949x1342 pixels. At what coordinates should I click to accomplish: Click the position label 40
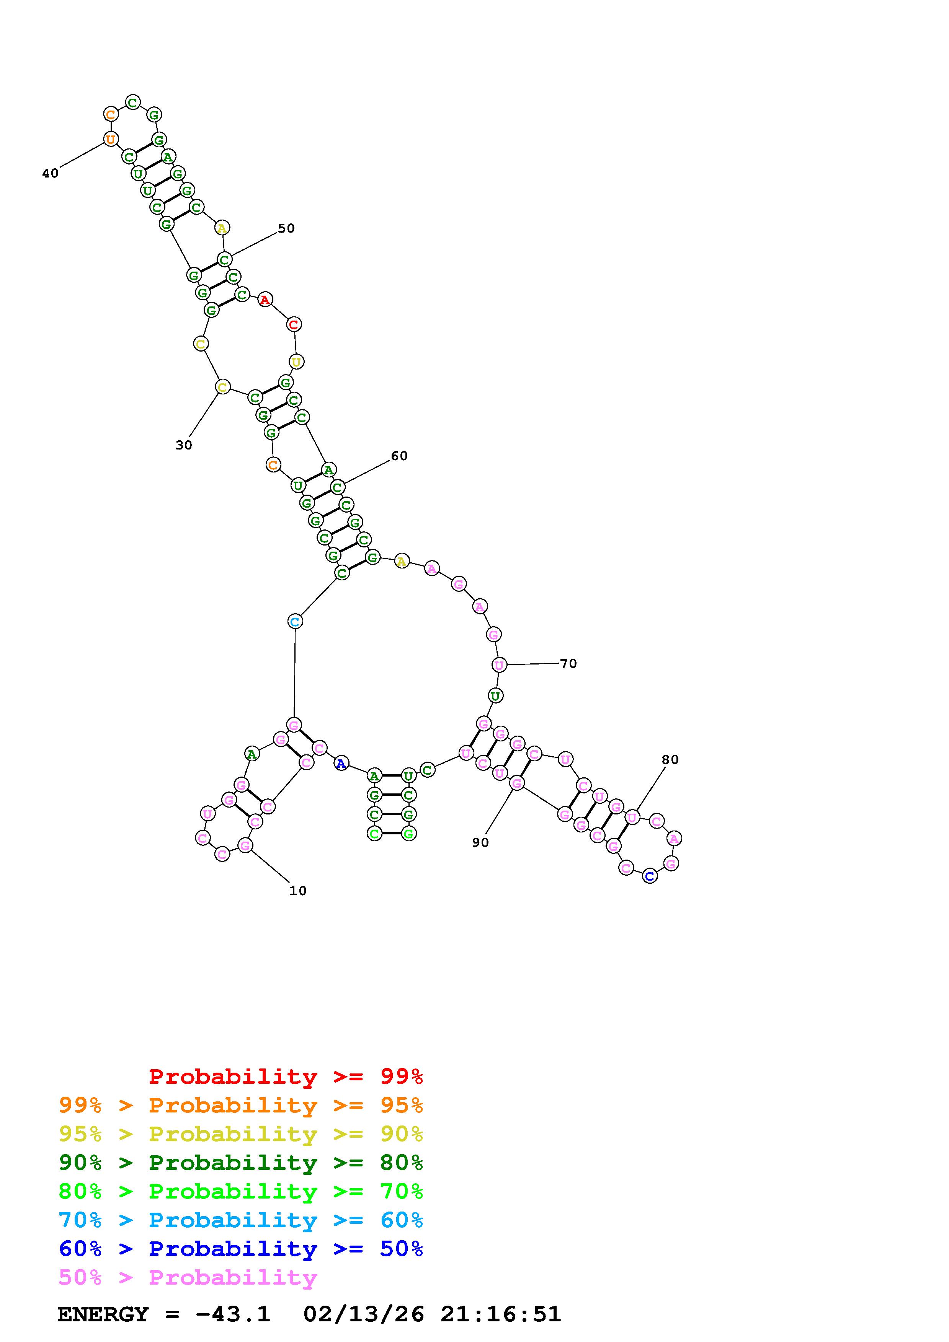(50, 173)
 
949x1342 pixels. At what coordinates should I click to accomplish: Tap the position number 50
(286, 228)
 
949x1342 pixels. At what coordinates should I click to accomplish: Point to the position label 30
(184, 445)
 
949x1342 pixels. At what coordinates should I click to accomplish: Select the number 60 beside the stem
(399, 456)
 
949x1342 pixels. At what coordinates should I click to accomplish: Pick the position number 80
(670, 760)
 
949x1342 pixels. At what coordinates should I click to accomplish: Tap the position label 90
(480, 843)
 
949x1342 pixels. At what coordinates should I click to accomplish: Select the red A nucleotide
(265, 300)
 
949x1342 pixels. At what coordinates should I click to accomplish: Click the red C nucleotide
(294, 324)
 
